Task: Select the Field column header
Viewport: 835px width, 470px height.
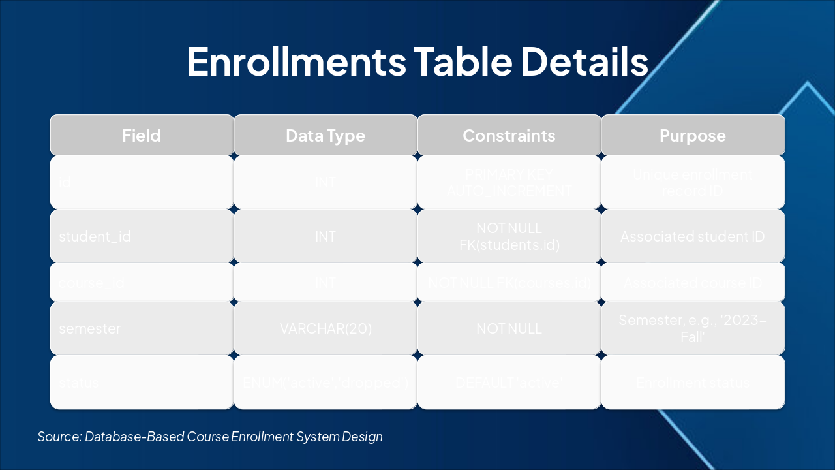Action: point(142,136)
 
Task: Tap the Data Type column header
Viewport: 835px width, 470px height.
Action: point(326,136)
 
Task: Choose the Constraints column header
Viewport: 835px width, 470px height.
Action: point(509,136)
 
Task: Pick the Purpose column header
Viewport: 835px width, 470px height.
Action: point(693,136)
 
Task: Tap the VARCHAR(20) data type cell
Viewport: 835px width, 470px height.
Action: point(326,328)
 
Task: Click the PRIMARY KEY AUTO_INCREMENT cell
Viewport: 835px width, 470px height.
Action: point(509,183)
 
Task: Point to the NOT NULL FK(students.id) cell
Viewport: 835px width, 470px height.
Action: point(509,236)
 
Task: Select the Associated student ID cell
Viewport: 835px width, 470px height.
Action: point(693,236)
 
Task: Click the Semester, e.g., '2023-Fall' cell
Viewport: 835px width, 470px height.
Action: point(693,328)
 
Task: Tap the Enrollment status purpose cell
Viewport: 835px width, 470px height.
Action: point(693,383)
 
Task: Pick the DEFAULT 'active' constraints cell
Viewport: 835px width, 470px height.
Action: point(509,383)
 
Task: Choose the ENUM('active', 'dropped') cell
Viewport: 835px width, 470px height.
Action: point(326,383)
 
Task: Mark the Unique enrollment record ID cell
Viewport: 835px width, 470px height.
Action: point(693,183)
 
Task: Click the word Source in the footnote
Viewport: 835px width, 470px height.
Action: point(59,437)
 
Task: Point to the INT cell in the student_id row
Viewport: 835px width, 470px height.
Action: point(326,236)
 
